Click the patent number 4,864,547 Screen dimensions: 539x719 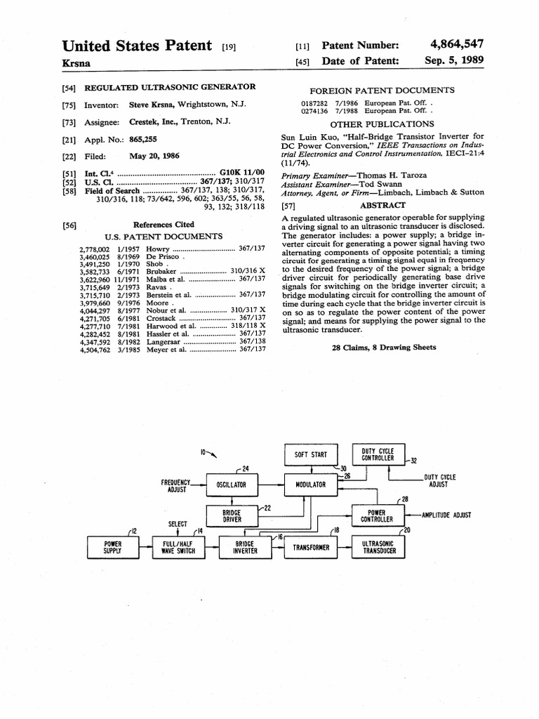coord(456,44)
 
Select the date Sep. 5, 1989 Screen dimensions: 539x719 coord(454,61)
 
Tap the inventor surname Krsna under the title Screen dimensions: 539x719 coord(76,63)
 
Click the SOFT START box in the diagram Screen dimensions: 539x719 coord(310,454)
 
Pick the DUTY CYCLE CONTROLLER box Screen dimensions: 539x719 coord(378,454)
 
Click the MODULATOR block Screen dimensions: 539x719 coord(310,484)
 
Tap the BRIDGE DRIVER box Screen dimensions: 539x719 coord(232,516)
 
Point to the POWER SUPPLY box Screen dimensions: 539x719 coord(112,547)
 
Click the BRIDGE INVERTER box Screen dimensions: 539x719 coord(246,547)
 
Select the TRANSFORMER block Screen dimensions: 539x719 coord(310,548)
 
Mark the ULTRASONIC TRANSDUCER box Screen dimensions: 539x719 coord(378,547)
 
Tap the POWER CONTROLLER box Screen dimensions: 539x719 coord(377,516)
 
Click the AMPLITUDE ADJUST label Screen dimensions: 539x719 coord(446,515)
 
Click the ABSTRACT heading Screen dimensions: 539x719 coord(382,205)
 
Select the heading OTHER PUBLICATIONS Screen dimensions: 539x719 coord(382,124)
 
